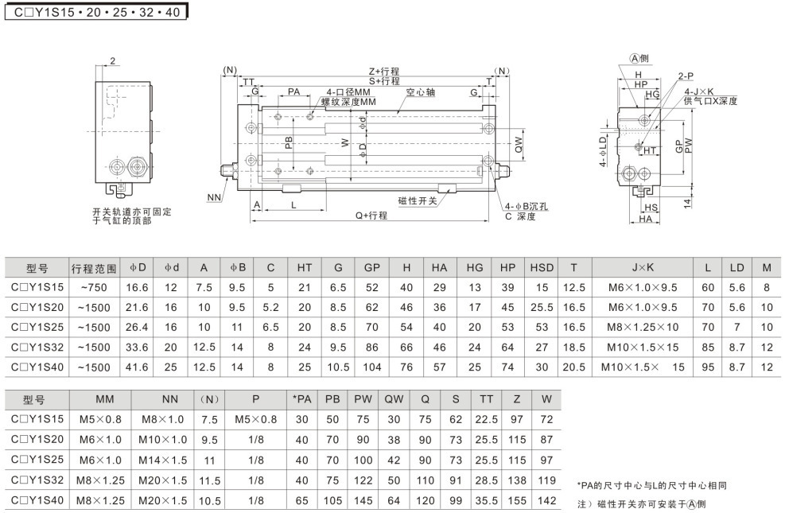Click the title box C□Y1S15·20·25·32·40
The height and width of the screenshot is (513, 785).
pyautogui.click(x=96, y=13)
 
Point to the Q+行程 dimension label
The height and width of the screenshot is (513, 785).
pyautogui.click(x=371, y=216)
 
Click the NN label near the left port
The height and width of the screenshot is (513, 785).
pyautogui.click(x=213, y=196)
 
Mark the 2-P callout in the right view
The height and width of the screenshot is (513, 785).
pyautogui.click(x=686, y=76)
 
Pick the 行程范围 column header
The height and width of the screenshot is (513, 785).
pyautogui.click(x=94, y=268)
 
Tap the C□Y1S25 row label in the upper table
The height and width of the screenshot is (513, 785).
pyautogui.click(x=37, y=327)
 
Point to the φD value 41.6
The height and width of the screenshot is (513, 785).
pyautogui.click(x=137, y=367)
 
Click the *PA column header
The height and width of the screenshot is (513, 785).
pyautogui.click(x=301, y=399)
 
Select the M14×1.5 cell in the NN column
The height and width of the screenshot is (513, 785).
pyautogui.click(x=164, y=460)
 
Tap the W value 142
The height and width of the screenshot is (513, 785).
pyautogui.click(x=546, y=500)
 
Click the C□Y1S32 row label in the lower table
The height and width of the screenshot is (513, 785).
pyautogui.click(x=37, y=480)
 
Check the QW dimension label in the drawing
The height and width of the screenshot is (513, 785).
pyautogui.click(x=518, y=144)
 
